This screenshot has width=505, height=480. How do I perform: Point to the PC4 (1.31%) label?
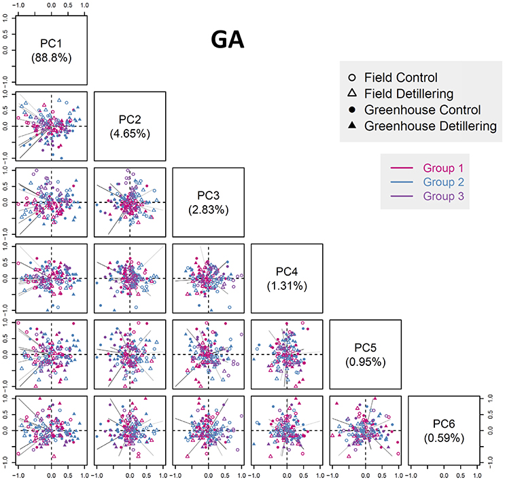point(287,278)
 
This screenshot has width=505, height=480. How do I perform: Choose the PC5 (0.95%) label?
point(366,354)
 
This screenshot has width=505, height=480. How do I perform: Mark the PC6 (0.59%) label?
point(445,430)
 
